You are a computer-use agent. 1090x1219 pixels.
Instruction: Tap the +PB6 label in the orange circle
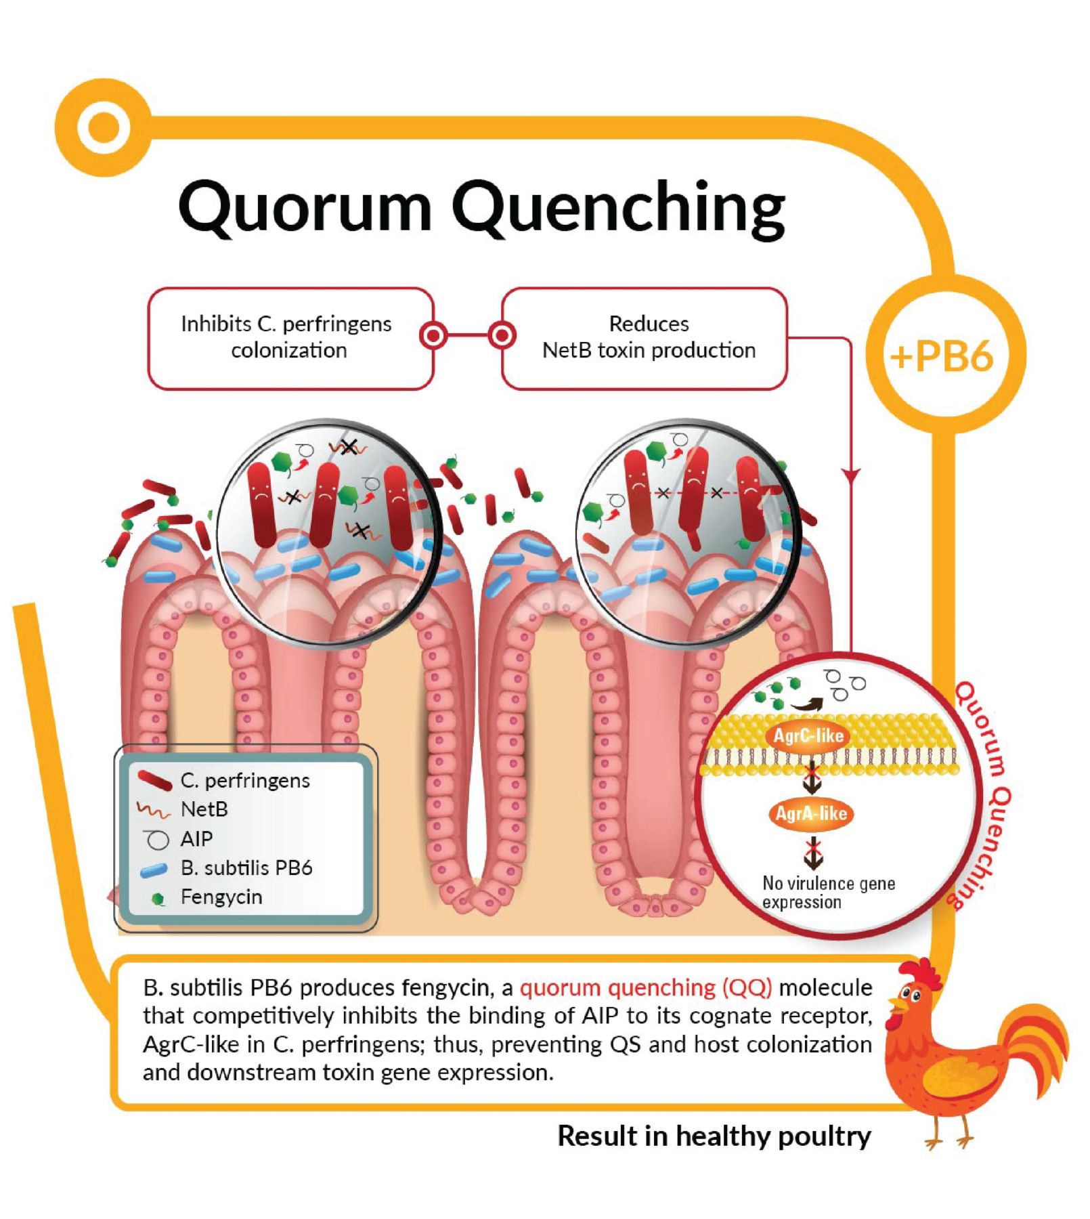943,356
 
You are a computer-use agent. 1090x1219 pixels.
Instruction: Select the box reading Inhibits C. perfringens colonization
290,337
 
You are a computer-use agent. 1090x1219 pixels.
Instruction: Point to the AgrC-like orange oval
808,735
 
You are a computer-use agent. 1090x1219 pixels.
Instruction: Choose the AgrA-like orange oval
810,813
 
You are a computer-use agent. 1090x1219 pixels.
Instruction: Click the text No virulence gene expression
828,893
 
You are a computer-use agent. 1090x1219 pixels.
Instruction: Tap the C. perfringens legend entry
244,780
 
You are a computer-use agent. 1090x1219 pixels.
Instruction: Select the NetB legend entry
203,809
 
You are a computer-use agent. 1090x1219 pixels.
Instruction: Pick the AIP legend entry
196,839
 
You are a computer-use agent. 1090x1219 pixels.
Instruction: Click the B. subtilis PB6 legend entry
245,868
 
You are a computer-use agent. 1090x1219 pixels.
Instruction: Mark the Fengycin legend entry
221,897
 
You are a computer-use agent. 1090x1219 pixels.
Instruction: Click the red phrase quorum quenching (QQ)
645,987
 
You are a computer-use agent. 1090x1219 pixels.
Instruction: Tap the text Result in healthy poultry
714,1136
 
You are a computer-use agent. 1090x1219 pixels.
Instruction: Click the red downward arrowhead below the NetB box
851,476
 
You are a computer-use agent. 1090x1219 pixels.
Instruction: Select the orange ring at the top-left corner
104,127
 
